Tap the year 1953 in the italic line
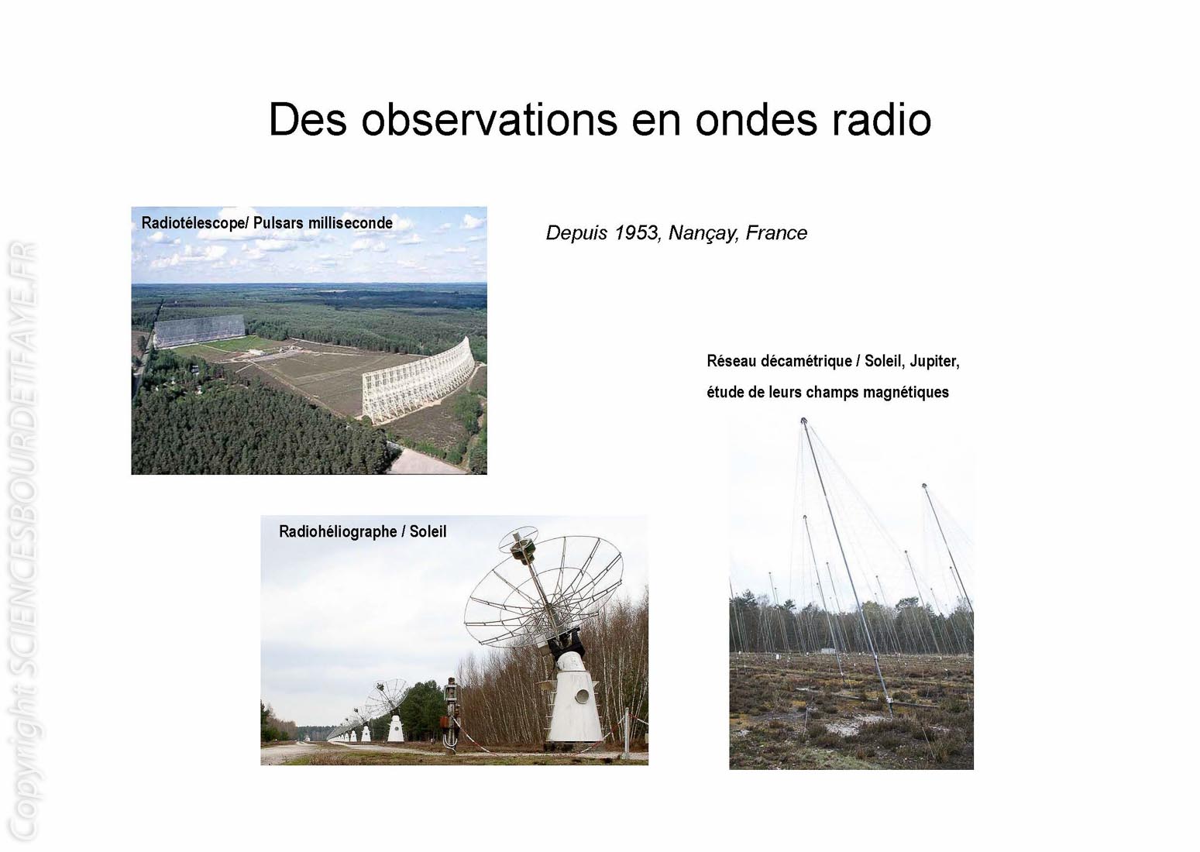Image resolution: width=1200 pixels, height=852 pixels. pos(636,233)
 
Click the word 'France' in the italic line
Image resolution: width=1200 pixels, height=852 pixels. pos(776,233)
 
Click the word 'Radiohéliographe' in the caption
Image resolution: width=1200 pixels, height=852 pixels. pos(338,532)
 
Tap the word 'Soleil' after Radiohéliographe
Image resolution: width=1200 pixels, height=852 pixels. pos(428,532)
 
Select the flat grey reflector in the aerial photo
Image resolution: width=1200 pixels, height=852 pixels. pos(199,331)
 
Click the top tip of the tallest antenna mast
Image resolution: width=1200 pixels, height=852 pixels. pos(803,420)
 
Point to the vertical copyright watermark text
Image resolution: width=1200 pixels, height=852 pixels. pos(24,541)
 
